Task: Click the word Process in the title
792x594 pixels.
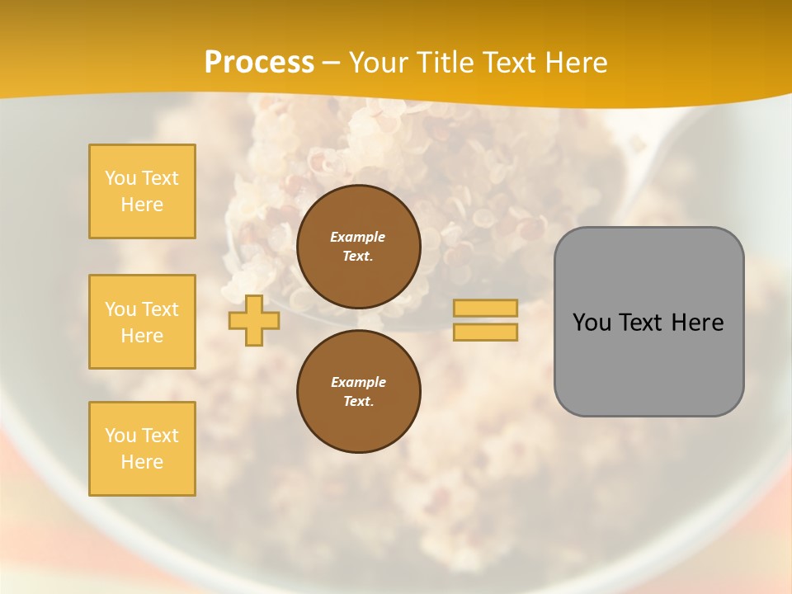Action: pyautogui.click(x=259, y=63)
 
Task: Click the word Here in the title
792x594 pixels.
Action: pyautogui.click(x=574, y=63)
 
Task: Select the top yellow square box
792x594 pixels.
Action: pyautogui.click(x=142, y=191)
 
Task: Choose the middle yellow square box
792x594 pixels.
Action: pyautogui.click(x=142, y=322)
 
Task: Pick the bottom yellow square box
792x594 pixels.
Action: pyautogui.click(x=142, y=449)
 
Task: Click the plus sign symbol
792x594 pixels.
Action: pyautogui.click(x=254, y=320)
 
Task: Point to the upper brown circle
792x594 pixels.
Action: pyautogui.click(x=358, y=247)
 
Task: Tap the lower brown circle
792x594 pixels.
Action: pyautogui.click(x=358, y=392)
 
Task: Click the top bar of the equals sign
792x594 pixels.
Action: pyautogui.click(x=486, y=309)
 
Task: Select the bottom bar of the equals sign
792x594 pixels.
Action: pyautogui.click(x=486, y=332)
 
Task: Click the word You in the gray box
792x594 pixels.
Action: pyautogui.click(x=592, y=323)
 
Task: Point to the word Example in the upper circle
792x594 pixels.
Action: pyautogui.click(x=358, y=237)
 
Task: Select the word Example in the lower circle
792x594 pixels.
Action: pyautogui.click(x=358, y=382)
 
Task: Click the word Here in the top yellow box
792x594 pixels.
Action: pyautogui.click(x=142, y=205)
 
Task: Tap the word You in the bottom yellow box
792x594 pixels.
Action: pyautogui.click(x=120, y=436)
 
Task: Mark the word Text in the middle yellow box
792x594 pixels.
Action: pyautogui.click(x=159, y=309)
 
